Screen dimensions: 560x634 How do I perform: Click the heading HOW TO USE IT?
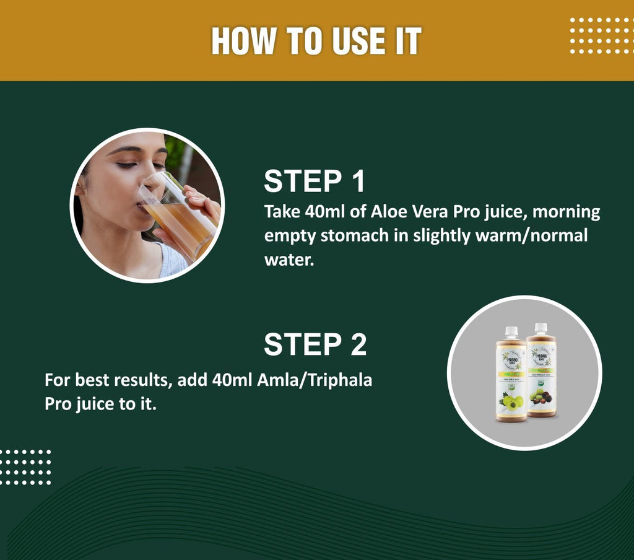[316, 41]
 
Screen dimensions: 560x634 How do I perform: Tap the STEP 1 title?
[315, 182]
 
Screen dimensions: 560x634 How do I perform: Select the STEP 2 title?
[315, 344]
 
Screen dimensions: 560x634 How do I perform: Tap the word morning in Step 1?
[567, 212]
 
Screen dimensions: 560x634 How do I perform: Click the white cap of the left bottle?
[511, 331]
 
